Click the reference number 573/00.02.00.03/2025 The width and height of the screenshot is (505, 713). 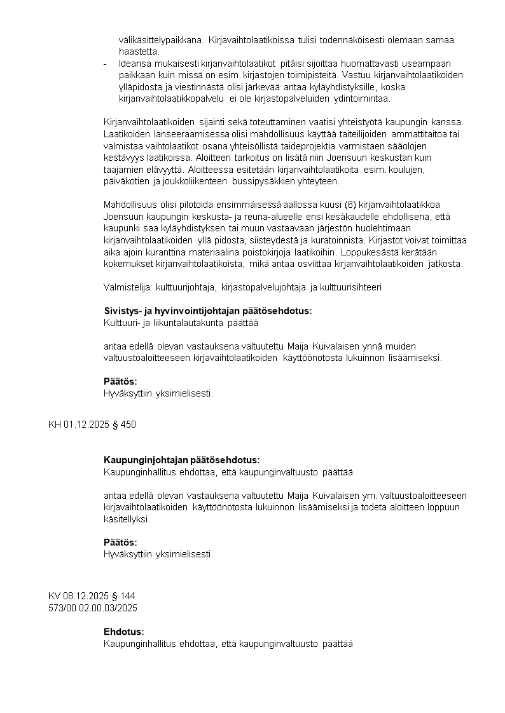93,608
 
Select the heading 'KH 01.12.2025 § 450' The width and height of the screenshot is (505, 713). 92,424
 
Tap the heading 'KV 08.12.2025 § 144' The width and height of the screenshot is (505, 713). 92,596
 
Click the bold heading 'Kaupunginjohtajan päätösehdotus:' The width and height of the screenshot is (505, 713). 181,460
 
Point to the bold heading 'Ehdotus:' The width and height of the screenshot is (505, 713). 123,632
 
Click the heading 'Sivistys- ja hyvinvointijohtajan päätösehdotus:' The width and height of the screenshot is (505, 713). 207,311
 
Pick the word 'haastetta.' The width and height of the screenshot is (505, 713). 139,51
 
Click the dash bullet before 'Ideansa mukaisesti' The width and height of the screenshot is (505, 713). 105,64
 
